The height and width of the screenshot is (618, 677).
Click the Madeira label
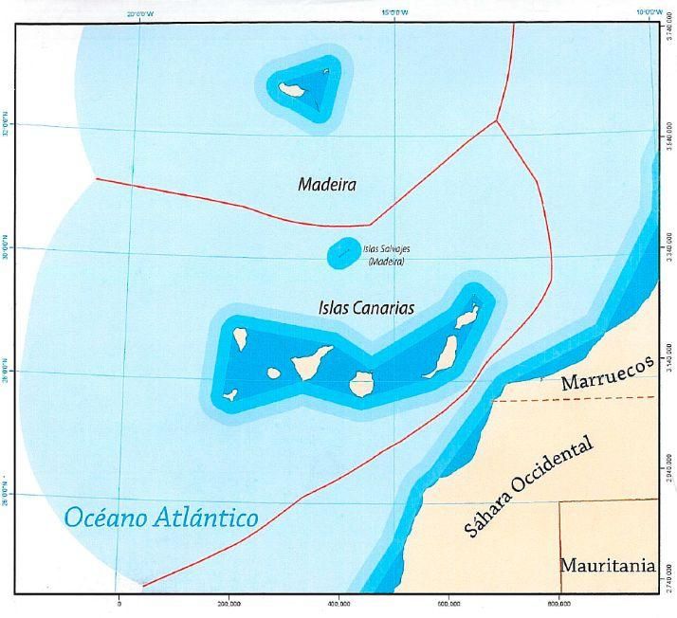[326, 185]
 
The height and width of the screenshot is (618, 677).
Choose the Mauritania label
[607, 566]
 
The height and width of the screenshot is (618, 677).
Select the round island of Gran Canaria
[360, 383]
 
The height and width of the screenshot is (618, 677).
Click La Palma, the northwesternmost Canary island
[241, 337]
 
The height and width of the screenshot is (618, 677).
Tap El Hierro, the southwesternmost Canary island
[230, 393]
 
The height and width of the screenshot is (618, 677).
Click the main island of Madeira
[290, 90]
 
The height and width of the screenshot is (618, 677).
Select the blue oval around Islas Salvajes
[341, 252]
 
